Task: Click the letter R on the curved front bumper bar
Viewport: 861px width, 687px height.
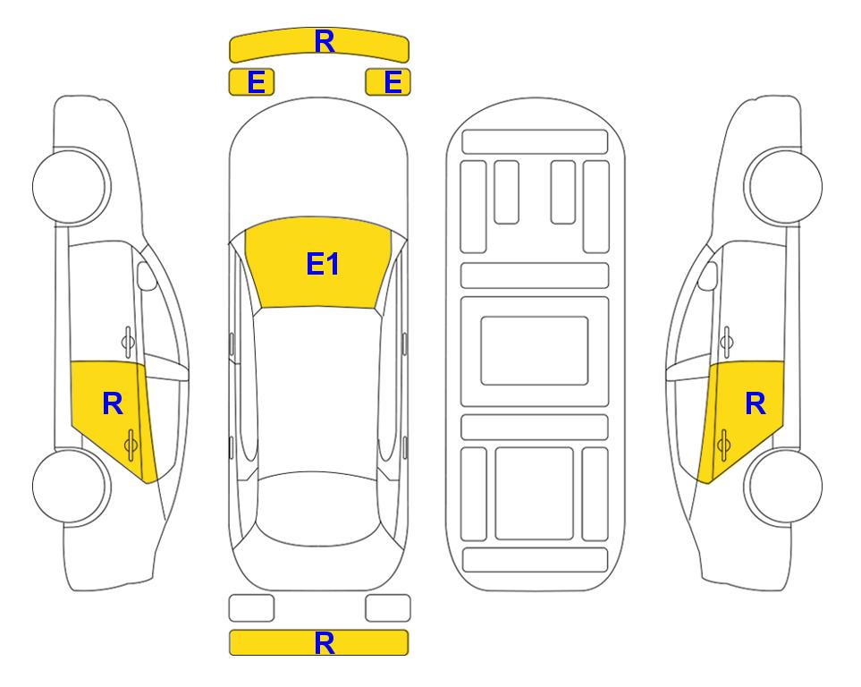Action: point(325,41)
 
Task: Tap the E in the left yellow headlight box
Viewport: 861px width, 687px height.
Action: point(257,82)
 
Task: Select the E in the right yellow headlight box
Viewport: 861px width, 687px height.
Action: point(393,82)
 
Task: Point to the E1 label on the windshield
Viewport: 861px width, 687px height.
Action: point(323,264)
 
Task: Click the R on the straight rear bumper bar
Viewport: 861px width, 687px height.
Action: point(325,643)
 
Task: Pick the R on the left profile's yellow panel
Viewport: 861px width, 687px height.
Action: point(113,404)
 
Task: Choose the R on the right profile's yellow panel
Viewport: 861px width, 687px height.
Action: point(755,404)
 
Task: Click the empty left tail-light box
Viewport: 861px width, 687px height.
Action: point(251,608)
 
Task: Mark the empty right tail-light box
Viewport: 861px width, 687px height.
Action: point(388,608)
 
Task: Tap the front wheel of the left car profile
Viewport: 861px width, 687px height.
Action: point(70,186)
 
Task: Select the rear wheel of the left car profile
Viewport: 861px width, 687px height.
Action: point(70,486)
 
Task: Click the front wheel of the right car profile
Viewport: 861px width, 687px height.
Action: point(785,186)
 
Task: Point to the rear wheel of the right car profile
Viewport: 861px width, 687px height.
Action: point(785,486)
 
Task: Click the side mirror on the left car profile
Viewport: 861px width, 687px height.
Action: point(146,276)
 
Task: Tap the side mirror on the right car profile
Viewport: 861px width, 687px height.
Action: point(708,276)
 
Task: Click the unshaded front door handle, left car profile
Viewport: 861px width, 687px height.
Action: point(128,342)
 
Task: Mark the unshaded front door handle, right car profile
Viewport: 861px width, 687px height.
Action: point(727,342)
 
